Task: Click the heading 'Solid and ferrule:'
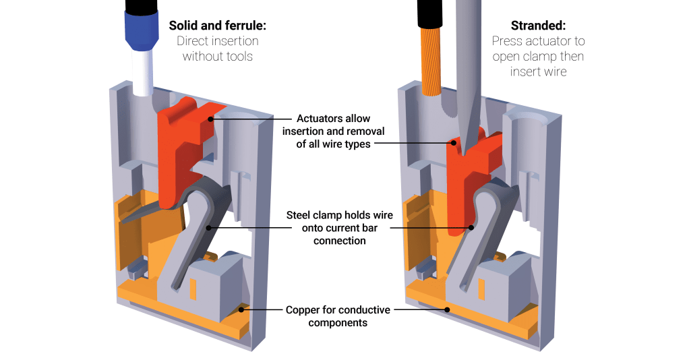point(217,26)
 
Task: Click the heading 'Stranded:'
point(538,26)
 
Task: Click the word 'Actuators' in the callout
point(312,119)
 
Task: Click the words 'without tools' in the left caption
point(217,56)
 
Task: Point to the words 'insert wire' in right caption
point(538,71)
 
